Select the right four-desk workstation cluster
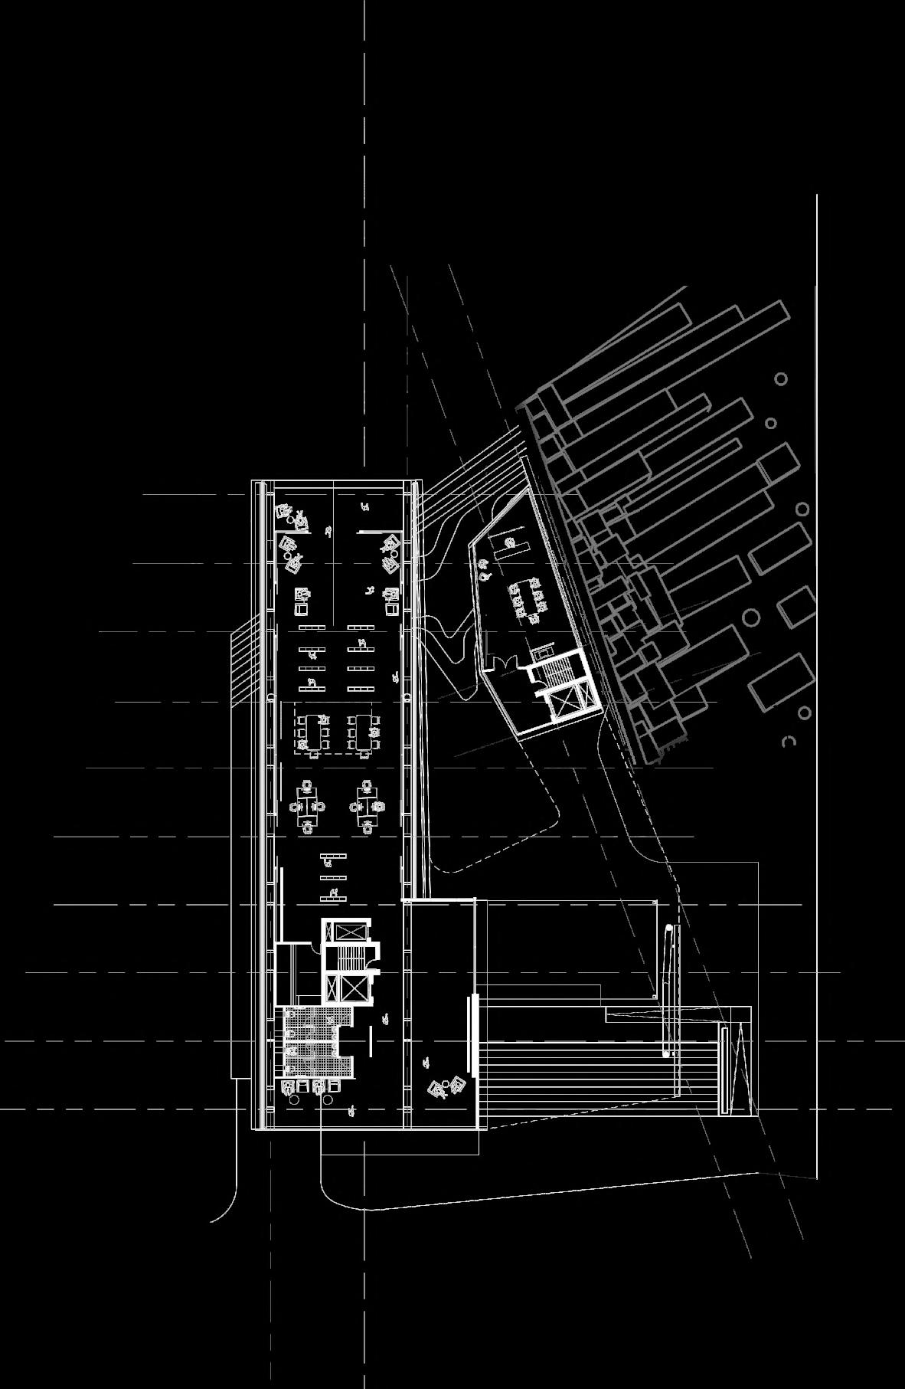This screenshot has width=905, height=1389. [x=366, y=806]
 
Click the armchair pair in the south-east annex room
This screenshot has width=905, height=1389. [x=446, y=1086]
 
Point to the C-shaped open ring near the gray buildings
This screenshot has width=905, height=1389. [x=789, y=742]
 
